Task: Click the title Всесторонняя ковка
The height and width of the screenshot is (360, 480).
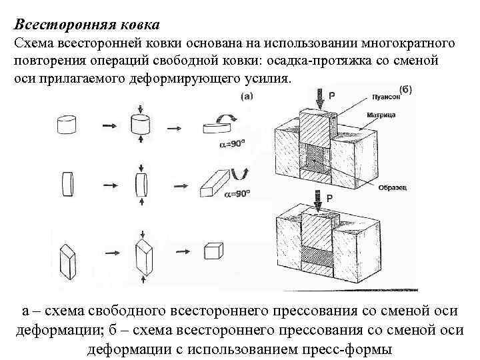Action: click(87, 25)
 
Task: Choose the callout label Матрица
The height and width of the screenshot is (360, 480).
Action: click(380, 115)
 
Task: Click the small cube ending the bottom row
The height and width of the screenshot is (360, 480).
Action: click(212, 252)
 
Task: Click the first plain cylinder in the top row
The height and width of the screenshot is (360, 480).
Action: click(67, 125)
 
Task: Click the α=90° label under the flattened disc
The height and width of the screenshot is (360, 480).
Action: click(231, 145)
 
